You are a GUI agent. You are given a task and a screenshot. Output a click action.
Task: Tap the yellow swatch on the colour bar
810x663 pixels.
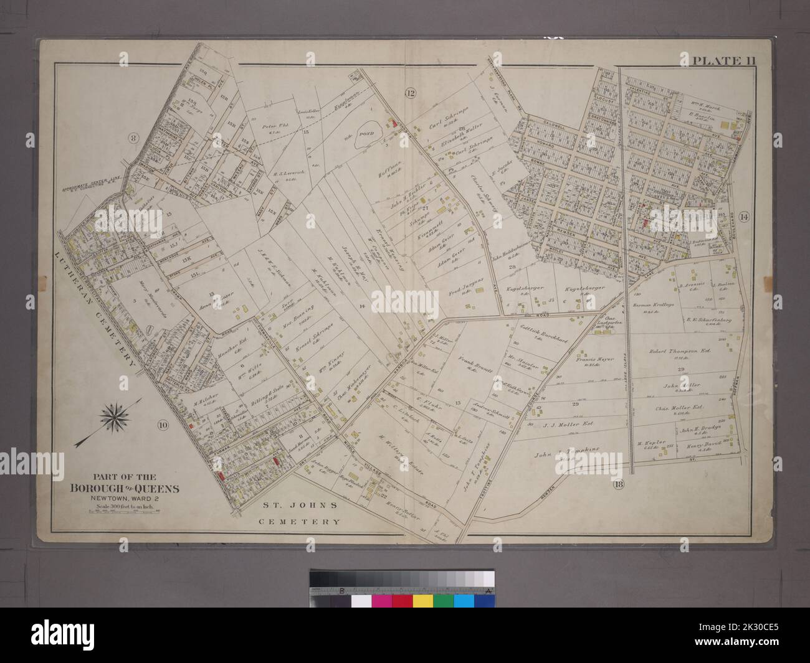pos(423,601)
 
